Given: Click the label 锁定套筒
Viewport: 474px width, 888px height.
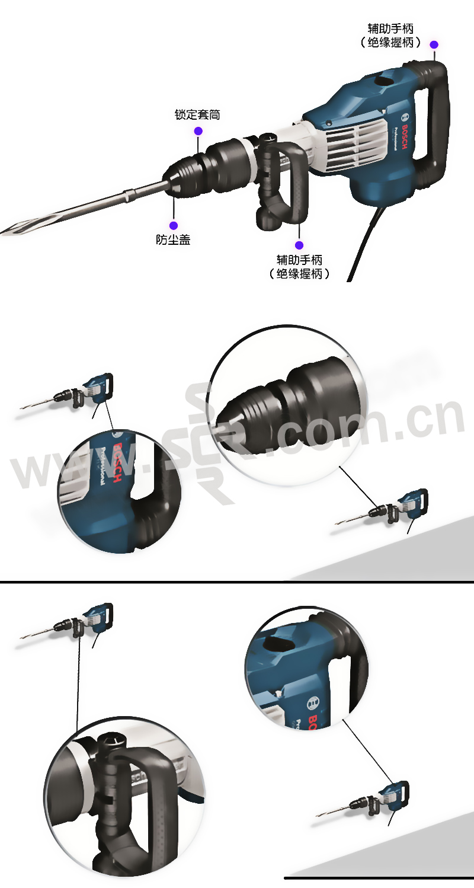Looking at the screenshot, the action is (197, 115).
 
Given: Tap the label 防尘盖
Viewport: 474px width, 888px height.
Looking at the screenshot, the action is (173, 239).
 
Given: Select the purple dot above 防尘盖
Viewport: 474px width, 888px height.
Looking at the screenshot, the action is (174, 226).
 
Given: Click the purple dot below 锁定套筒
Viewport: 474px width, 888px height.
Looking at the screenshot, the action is (198, 131).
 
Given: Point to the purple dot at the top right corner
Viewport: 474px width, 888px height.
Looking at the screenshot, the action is (434, 45).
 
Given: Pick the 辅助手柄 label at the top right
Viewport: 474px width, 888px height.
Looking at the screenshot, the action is (391, 28).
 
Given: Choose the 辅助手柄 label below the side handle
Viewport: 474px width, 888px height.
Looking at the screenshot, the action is (299, 260).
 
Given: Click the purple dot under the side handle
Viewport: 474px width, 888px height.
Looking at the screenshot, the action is (299, 245).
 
